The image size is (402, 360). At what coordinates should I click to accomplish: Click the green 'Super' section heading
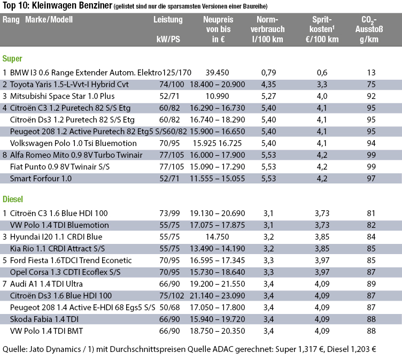point(12,58)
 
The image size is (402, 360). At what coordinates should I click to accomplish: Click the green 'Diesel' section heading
point(13,199)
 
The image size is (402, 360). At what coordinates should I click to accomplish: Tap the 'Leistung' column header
point(168,20)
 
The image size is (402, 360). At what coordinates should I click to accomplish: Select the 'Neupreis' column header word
point(218,19)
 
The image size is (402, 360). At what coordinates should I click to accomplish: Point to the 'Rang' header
point(11,20)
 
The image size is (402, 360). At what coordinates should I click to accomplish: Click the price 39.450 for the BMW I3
point(217,73)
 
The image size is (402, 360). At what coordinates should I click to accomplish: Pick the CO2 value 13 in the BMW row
point(371,73)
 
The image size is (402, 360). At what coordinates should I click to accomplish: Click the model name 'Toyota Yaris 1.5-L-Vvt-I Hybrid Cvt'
point(69,85)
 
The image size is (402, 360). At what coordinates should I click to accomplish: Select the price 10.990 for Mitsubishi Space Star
point(217,96)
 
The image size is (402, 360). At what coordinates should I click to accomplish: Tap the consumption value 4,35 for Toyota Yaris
point(268,85)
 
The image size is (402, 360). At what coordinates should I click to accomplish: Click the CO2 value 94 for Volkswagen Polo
point(371,143)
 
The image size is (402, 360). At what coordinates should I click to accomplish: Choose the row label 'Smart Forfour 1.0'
point(41,179)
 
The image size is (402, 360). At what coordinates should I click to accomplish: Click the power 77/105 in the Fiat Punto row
point(172,167)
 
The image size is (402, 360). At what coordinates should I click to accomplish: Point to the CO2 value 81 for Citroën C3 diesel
point(371,213)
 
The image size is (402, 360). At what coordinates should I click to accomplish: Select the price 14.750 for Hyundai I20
point(217,237)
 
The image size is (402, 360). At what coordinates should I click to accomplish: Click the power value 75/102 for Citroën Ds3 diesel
point(172,296)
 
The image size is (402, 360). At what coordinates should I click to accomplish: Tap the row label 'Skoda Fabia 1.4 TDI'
point(44,319)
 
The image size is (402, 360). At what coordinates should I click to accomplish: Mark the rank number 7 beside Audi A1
point(5,284)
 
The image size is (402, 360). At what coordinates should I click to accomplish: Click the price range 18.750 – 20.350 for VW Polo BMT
point(218,331)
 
